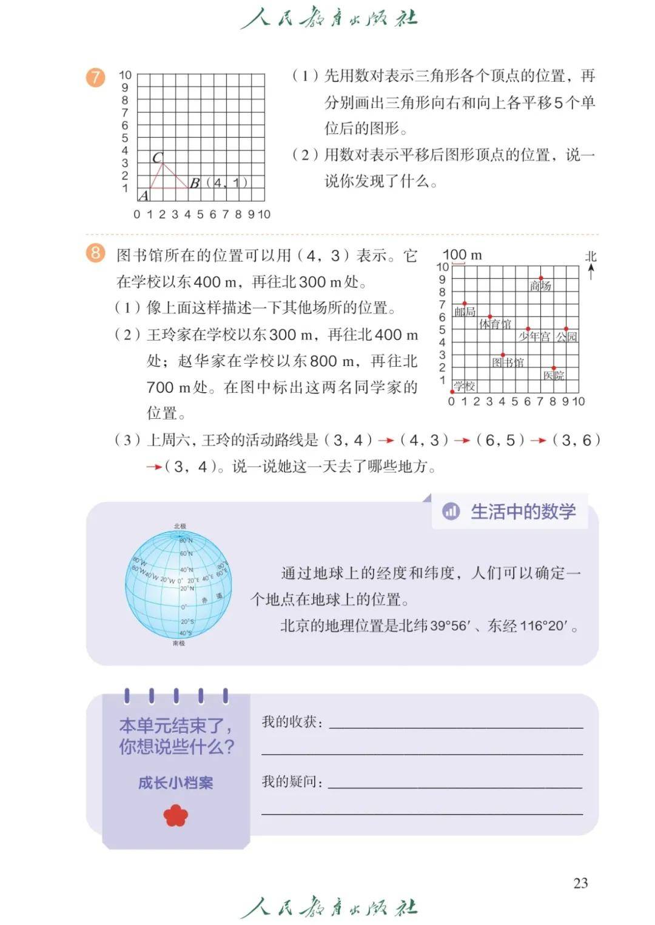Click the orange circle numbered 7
[95, 78]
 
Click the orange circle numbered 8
[95, 252]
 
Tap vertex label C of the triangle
[158, 158]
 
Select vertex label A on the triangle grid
[144, 195]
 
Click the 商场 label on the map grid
[540, 286]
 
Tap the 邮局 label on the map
[465, 312]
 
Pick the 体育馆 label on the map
[495, 324]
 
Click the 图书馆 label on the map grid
[508, 362]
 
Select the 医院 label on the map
[554, 375]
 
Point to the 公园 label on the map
[567, 336]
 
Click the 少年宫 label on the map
[534, 336]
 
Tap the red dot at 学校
[452, 392]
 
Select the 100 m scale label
[462, 255]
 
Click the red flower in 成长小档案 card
[176, 815]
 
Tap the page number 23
[580, 883]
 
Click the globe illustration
[178, 585]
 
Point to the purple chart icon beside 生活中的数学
[451, 512]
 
